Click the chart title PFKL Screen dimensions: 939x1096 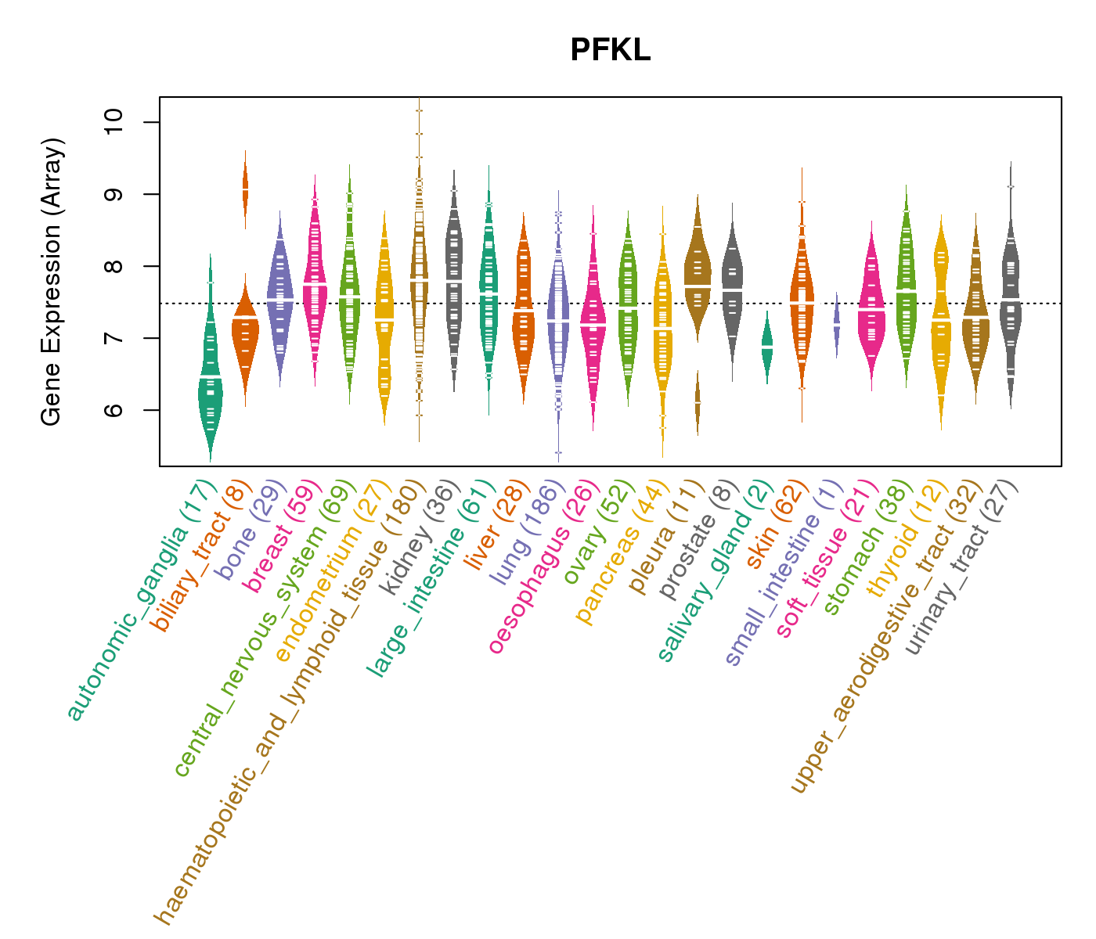[610, 51]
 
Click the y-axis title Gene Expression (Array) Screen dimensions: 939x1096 [52, 282]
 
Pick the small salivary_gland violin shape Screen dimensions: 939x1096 [767, 347]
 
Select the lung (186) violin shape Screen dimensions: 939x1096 [558, 321]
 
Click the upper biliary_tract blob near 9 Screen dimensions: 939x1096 [245, 190]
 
